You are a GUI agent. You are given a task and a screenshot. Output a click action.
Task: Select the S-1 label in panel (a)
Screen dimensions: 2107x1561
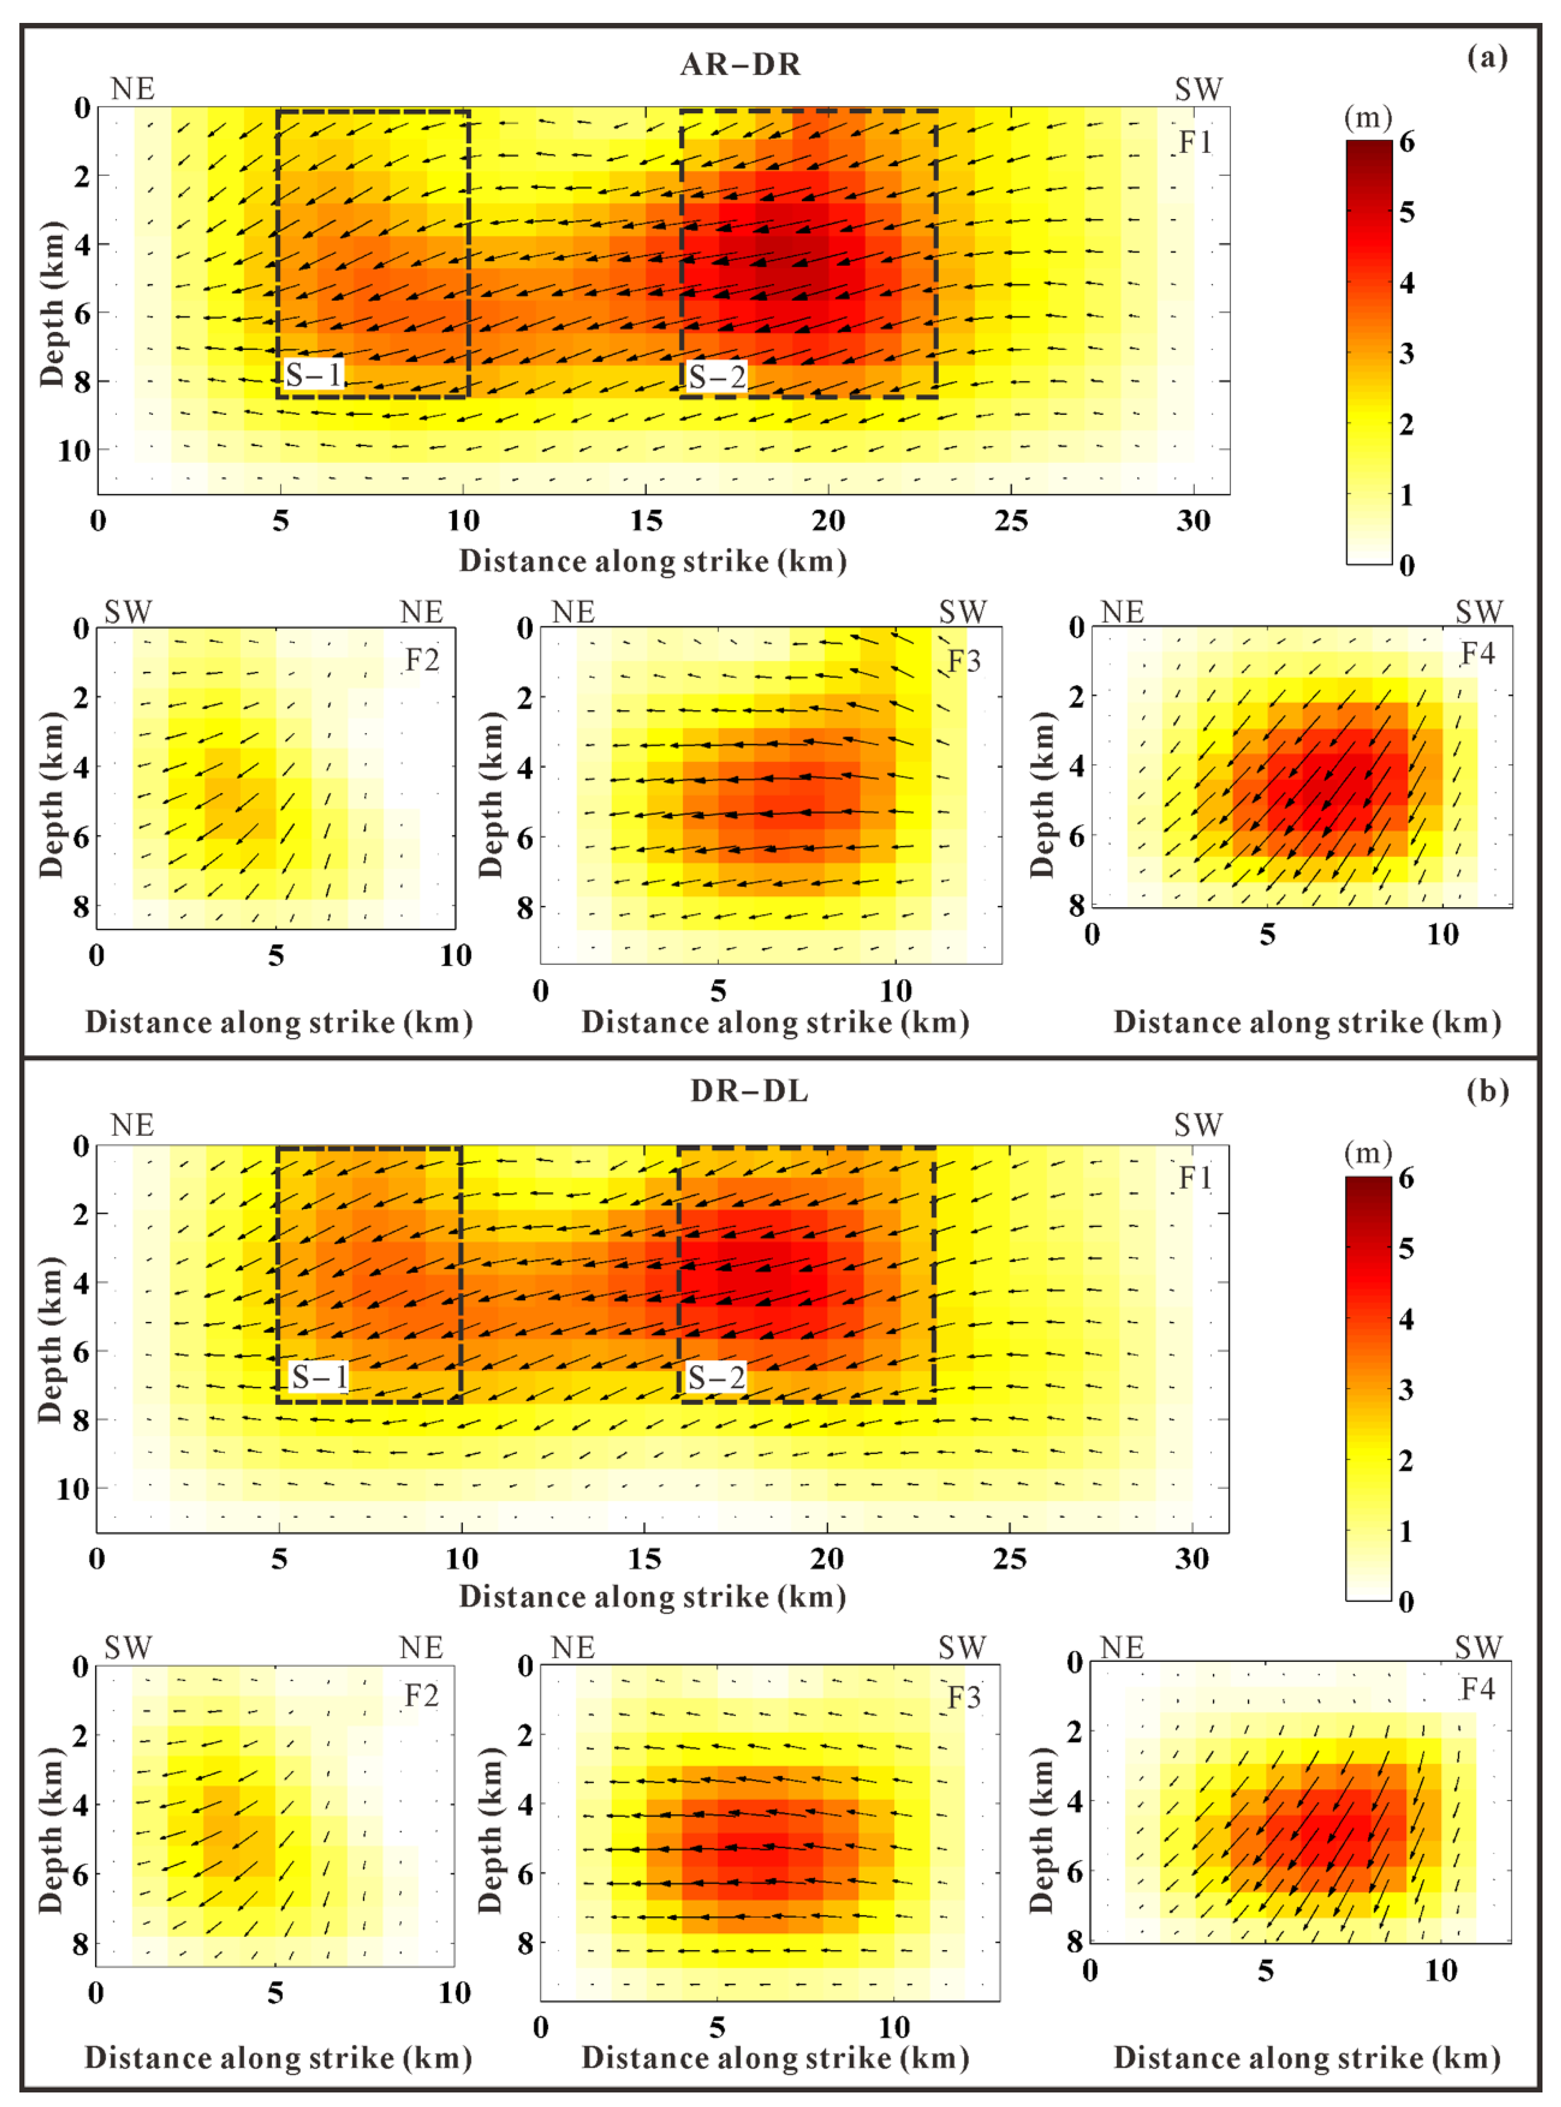[314, 375]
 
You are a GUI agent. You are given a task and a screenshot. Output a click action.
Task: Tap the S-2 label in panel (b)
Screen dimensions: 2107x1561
[716, 1377]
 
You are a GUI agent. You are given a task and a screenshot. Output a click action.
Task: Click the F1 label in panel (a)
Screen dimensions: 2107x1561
[1195, 142]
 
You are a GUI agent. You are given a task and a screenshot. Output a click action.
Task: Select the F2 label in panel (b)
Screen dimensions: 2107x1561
[422, 1696]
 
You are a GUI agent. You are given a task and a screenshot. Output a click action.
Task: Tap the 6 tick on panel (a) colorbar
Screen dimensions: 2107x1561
[1407, 142]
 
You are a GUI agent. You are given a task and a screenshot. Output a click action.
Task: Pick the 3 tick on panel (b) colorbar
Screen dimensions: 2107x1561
[1406, 1389]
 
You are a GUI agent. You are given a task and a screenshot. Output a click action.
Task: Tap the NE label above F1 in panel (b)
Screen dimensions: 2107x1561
[132, 1125]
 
